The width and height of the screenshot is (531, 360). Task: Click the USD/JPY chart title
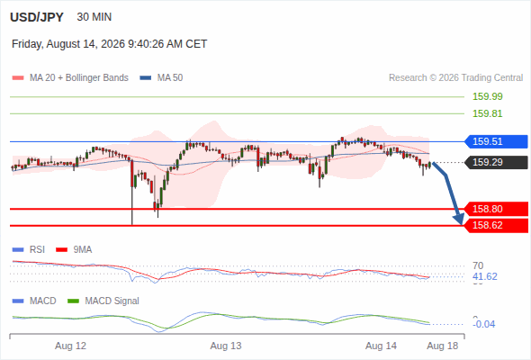coord(37,17)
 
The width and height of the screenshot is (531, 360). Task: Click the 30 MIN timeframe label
coord(94,17)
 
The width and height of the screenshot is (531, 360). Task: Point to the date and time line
coord(110,44)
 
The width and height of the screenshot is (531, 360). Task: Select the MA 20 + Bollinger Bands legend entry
coord(70,78)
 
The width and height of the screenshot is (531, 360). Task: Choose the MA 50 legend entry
coord(161,78)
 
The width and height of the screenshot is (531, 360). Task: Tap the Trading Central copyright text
coord(455,78)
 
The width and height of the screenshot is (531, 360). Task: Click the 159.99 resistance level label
coord(487,96)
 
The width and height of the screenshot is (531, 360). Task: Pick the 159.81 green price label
coord(487,113)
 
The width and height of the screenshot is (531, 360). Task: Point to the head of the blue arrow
coord(461,223)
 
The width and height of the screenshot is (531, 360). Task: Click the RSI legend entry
coord(29,250)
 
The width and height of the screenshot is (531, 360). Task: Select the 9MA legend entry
coord(74,250)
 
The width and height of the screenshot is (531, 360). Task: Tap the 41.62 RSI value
coord(484,276)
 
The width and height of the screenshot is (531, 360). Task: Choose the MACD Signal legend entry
coord(103,301)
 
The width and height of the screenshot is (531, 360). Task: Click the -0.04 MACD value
coord(483,324)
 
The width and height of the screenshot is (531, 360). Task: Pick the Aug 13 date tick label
coord(226,346)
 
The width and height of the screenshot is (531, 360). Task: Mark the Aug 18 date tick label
coord(442,346)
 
